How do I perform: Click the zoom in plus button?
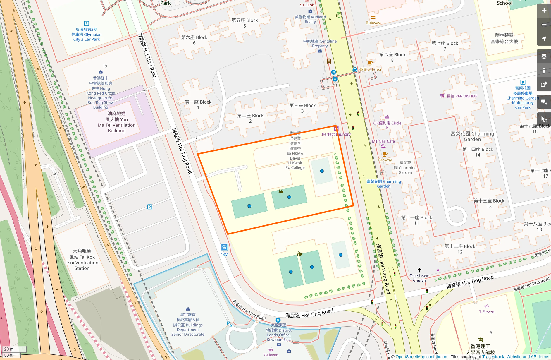pyautogui.click(x=544, y=11)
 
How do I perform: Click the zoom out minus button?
pyautogui.click(x=544, y=25)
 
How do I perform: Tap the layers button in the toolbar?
pyautogui.click(x=544, y=56)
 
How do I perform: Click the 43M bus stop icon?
pyautogui.click(x=224, y=247)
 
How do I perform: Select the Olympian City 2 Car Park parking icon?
pyautogui.click(x=86, y=23)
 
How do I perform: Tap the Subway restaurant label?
pyautogui.click(x=373, y=23)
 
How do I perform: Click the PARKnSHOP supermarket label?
pyautogui.click(x=462, y=96)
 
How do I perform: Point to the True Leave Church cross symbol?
pyautogui.click(x=419, y=270)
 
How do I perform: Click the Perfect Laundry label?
pyautogui.click(x=336, y=134)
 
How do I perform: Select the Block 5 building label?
pyautogui.click(x=244, y=23)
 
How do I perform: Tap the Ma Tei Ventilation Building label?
pyautogui.click(x=116, y=122)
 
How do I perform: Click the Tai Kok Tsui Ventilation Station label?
pyautogui.click(x=82, y=260)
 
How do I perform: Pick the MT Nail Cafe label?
pyautogui.click(x=383, y=141)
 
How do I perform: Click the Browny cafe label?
pyautogui.click(x=385, y=160)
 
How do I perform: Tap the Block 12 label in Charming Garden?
pyautogui.click(x=460, y=249)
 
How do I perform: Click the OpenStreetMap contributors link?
pyautogui.click(x=422, y=357)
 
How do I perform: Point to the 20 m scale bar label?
pyautogui.click(x=9, y=349)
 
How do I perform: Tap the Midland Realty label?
pyautogui.click(x=310, y=19)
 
